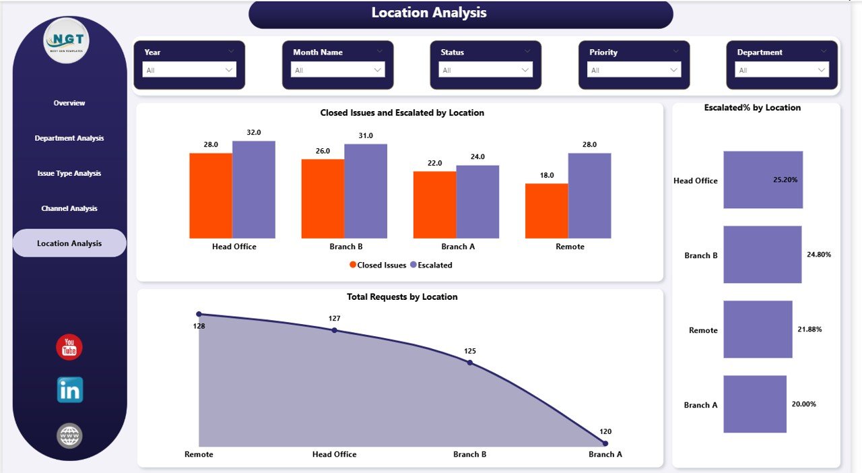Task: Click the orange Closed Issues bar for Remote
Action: click(546, 210)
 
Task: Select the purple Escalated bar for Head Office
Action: click(254, 189)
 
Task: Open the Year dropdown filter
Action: click(189, 70)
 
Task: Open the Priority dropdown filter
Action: click(634, 70)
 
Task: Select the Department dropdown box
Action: click(782, 70)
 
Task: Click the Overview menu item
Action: click(69, 103)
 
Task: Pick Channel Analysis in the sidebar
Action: click(69, 208)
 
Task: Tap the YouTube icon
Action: click(69, 347)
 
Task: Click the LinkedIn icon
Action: click(69, 390)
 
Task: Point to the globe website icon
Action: click(69, 436)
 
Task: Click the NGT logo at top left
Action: click(66, 41)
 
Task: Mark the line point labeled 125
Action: click(470, 362)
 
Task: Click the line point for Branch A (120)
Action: click(605, 443)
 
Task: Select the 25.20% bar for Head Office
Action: click(763, 180)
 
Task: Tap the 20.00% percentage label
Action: click(804, 404)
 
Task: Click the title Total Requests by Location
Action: click(402, 296)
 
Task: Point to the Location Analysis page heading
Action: click(429, 13)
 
